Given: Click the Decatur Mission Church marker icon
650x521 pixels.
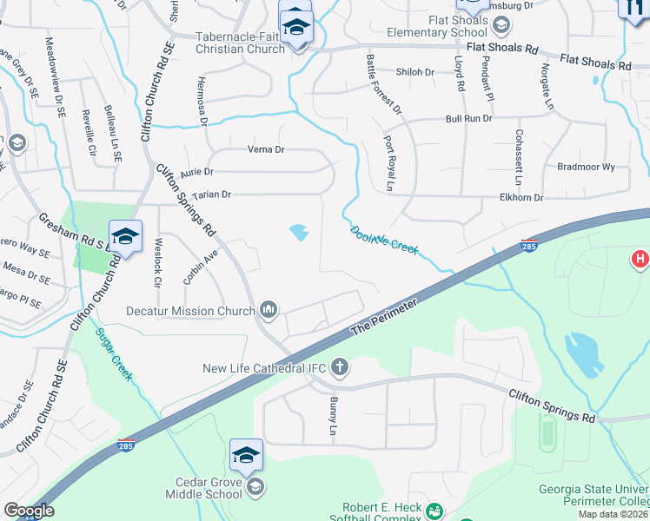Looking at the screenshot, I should (269, 309).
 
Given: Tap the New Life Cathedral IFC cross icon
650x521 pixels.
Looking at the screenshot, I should (340, 368).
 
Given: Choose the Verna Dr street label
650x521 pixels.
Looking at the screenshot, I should (266, 149).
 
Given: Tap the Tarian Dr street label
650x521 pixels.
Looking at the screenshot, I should (211, 195).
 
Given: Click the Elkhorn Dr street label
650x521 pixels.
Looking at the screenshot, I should (521, 198).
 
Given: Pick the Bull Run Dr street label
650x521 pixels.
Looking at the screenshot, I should (468, 118).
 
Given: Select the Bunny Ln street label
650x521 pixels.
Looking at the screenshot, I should (333, 416).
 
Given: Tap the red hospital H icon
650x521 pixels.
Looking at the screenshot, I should (640, 259).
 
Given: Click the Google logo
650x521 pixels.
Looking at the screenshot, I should (29, 511).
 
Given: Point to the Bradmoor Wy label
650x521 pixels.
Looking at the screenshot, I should (587, 167).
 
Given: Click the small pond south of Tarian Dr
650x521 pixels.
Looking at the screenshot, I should (299, 232).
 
